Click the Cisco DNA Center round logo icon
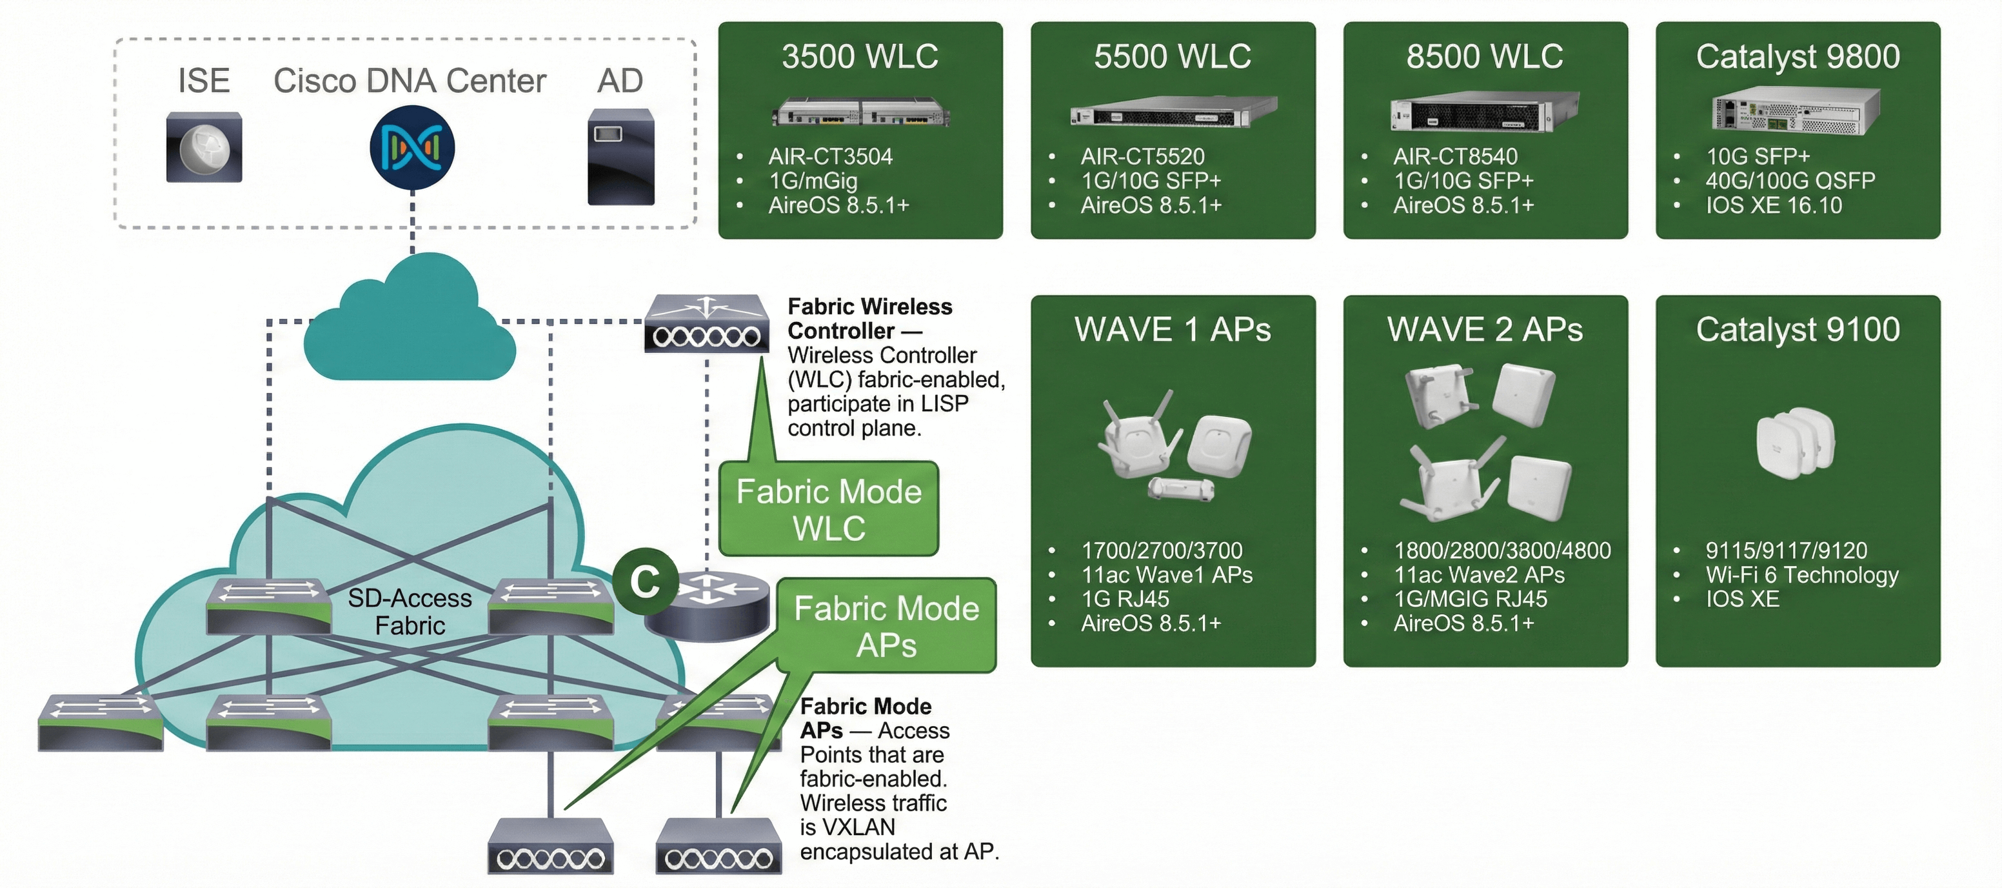[x=412, y=148]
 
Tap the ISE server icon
[x=204, y=147]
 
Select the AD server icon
[x=620, y=156]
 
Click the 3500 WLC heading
[x=860, y=56]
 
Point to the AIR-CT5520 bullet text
[x=1142, y=156]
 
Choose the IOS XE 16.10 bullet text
[x=1774, y=205]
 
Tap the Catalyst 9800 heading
[x=1798, y=56]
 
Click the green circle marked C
[x=645, y=581]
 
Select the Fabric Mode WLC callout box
[x=828, y=509]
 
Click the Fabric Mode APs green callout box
[x=886, y=626]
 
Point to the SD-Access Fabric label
[x=410, y=611]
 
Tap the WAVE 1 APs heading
[x=1172, y=330]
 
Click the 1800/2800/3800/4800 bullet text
[x=1501, y=550]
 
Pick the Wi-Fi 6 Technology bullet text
[x=1801, y=574]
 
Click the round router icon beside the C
[x=708, y=607]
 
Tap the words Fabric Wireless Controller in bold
[x=869, y=318]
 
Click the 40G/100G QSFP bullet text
[x=1790, y=181]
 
